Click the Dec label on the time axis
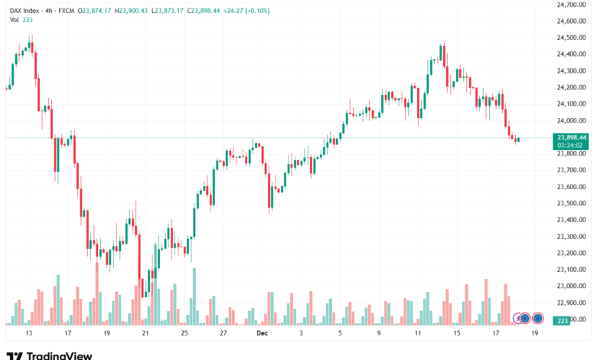[263, 334]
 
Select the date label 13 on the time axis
[29, 334]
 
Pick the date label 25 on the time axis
[184, 334]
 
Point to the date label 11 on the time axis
[418, 334]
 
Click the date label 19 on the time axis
[535, 334]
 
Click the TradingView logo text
[59, 355]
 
